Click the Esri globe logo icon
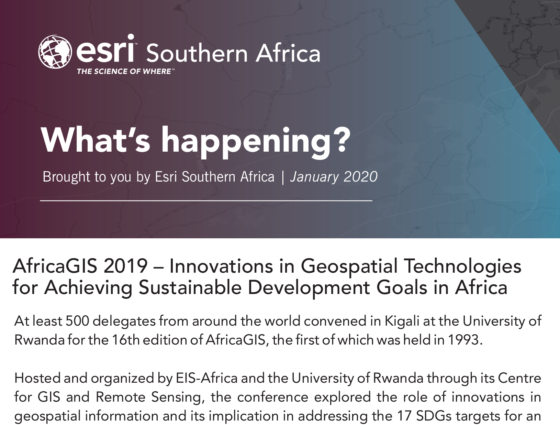tap(55, 52)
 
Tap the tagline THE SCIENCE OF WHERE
tap(124, 71)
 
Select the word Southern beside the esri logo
tap(197, 53)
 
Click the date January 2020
tap(334, 177)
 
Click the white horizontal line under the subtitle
tap(206, 201)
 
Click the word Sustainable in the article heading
tap(190, 287)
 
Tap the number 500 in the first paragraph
tap(77, 321)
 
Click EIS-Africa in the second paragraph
tap(207, 378)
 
